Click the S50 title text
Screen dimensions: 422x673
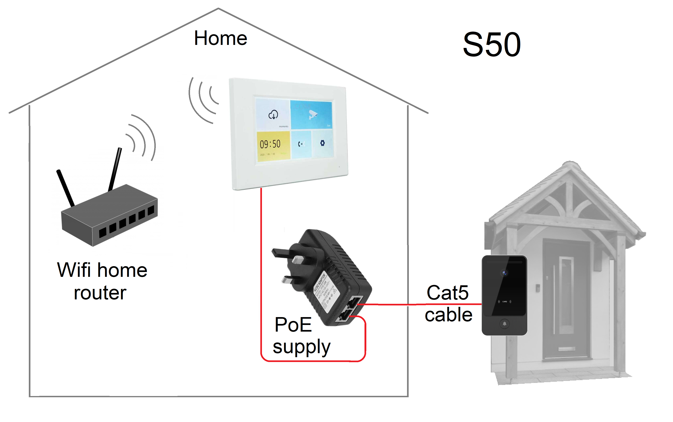(491, 45)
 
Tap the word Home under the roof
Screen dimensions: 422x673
(220, 38)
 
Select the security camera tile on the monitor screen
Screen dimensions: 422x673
(311, 114)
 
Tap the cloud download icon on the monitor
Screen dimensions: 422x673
(273, 114)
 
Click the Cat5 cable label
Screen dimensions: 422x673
(448, 304)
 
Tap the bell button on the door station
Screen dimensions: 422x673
(504, 324)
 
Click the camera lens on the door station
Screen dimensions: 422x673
(504, 273)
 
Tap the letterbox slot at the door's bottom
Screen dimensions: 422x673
(567, 349)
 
